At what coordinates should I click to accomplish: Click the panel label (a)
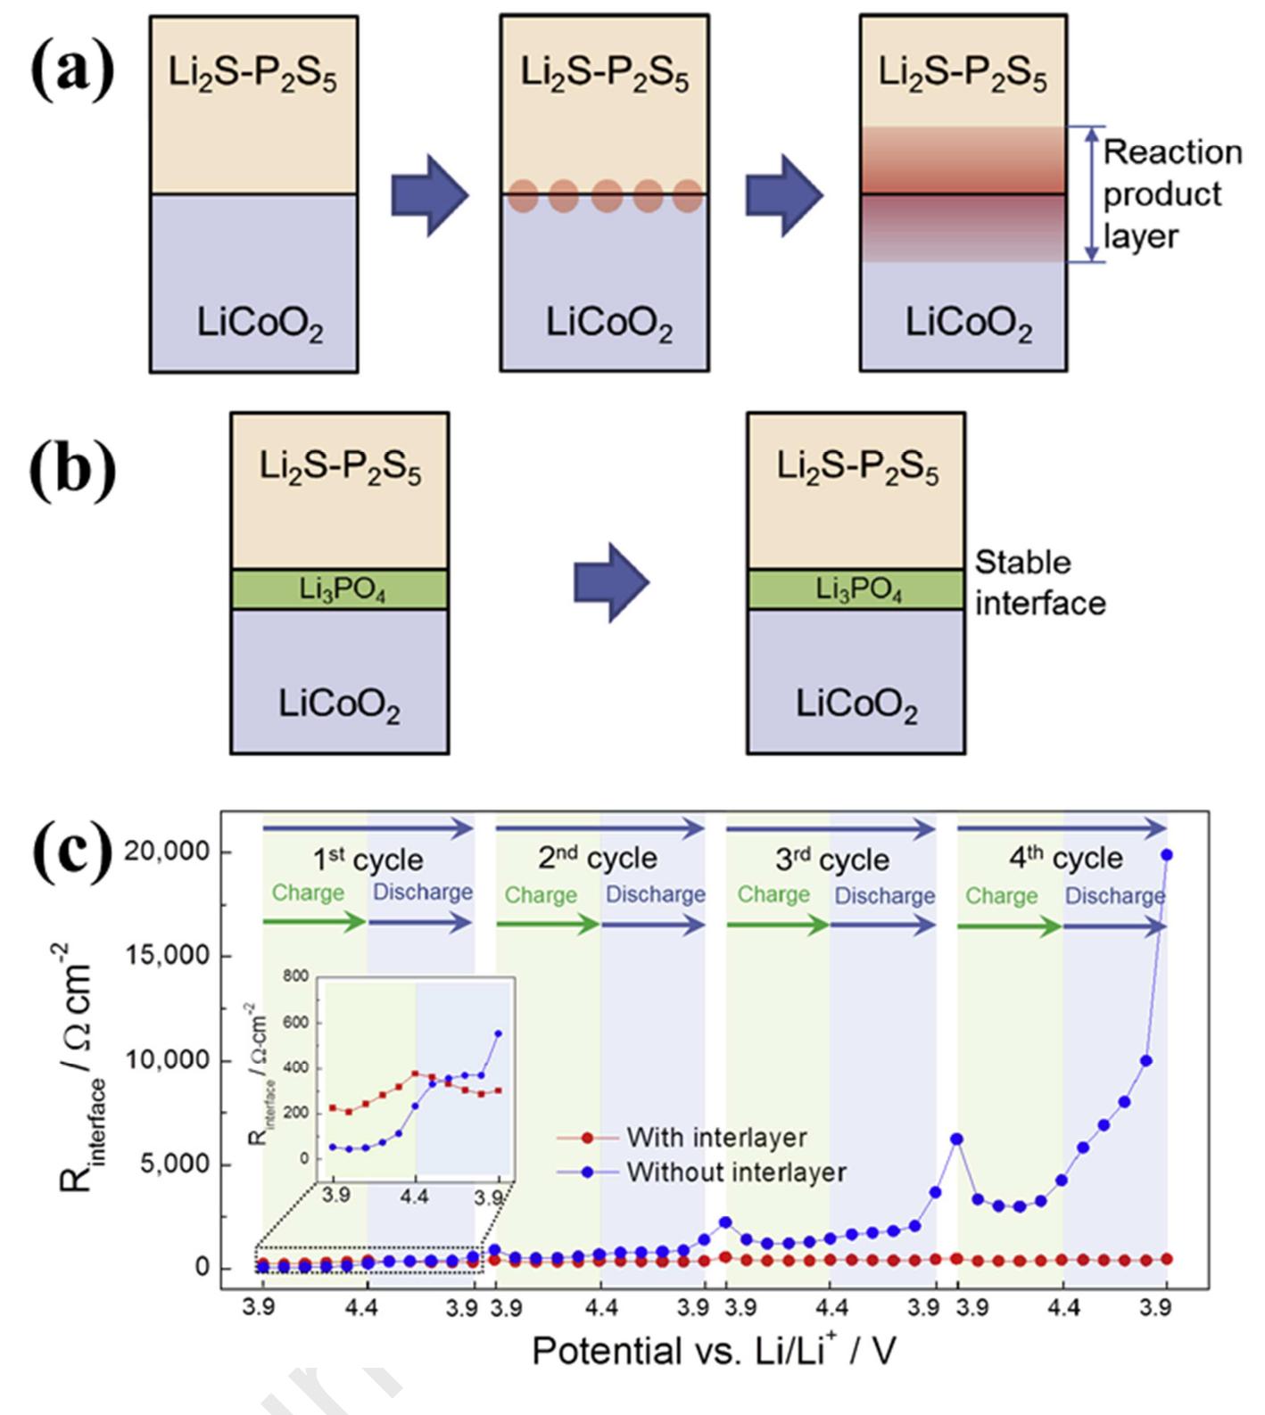[x=73, y=71]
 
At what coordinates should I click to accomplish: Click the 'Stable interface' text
[x=1039, y=583]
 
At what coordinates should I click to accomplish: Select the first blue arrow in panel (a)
[x=430, y=195]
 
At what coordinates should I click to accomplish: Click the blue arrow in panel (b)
[x=612, y=583]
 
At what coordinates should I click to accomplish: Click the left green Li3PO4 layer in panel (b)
[x=339, y=589]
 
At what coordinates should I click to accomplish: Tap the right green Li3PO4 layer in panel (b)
[x=856, y=589]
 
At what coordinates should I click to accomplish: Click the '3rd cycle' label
[x=831, y=860]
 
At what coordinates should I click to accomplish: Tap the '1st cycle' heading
[x=368, y=860]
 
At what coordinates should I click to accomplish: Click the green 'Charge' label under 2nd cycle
[x=541, y=894]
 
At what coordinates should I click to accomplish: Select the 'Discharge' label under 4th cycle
[x=1114, y=895]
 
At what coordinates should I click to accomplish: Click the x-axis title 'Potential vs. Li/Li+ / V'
[x=715, y=1351]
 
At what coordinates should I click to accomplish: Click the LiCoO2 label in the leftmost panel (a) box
[x=260, y=325]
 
